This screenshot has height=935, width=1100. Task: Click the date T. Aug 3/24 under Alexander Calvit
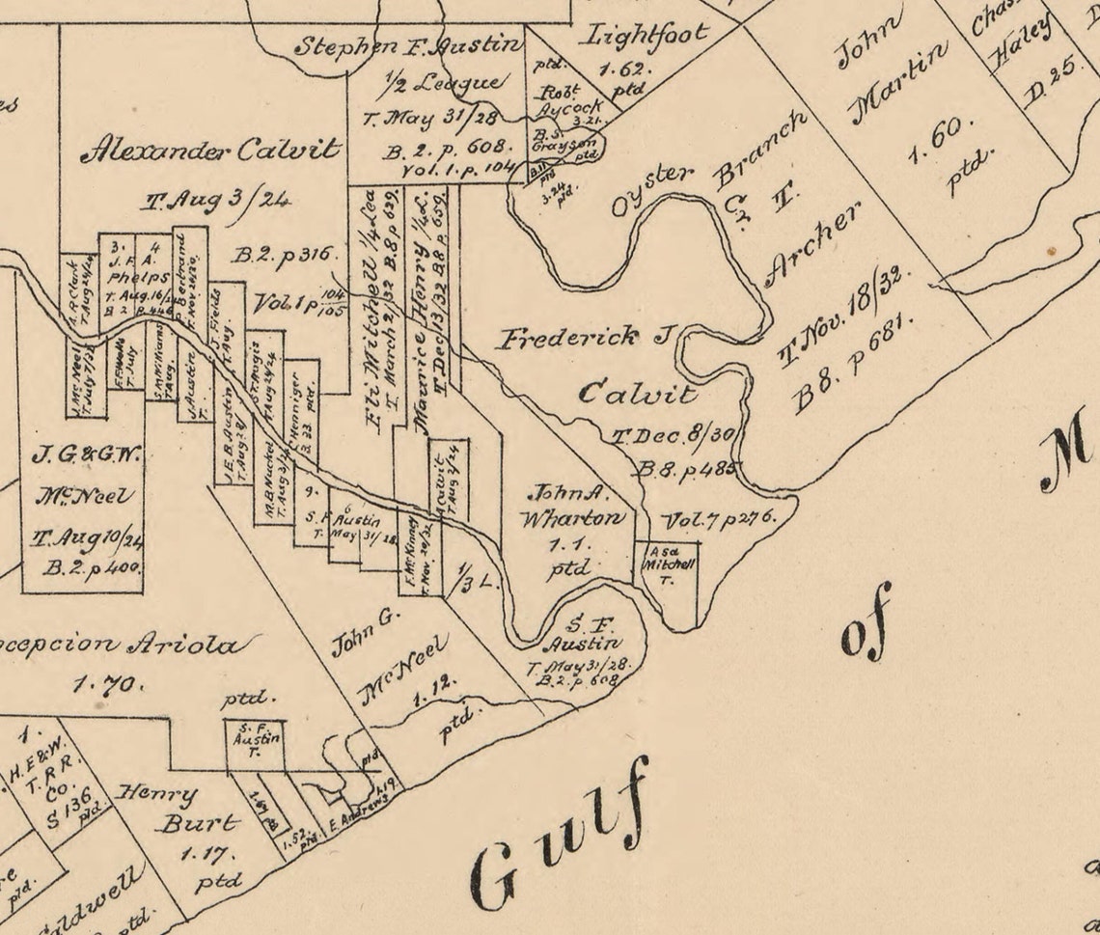(214, 202)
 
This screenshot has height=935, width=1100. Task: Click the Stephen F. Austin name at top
(407, 44)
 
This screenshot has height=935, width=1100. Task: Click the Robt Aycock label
(568, 99)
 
